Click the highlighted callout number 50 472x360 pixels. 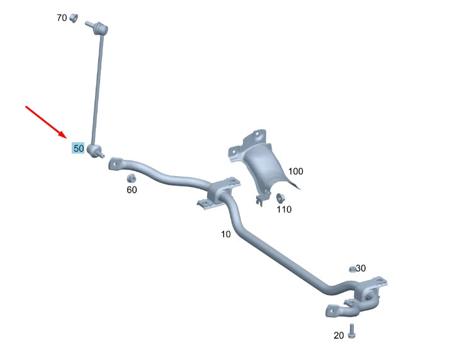point(79,149)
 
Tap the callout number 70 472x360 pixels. point(62,18)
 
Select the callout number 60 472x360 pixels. point(132,189)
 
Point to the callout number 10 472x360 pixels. point(226,234)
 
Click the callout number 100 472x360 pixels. point(296,171)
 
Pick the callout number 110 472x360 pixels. point(284,210)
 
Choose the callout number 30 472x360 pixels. point(361,268)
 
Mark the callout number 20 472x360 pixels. point(339,335)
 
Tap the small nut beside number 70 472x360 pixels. point(73,17)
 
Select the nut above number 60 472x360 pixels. point(132,177)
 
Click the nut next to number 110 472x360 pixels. point(281,199)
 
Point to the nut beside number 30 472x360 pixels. point(353,269)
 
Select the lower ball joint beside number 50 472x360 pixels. point(96,151)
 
